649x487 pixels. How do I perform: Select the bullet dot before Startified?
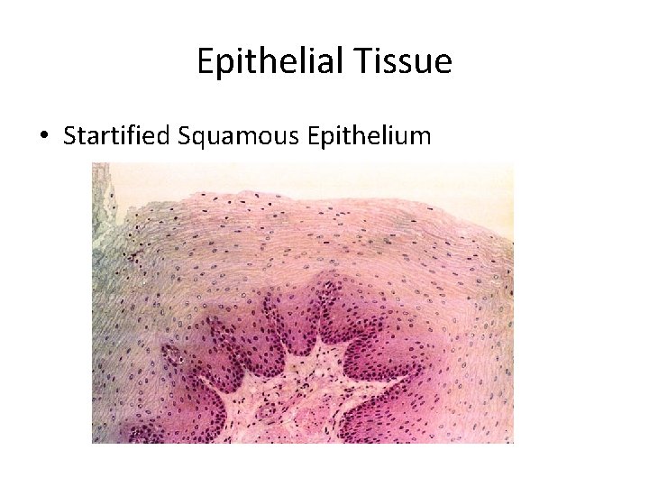coord(44,137)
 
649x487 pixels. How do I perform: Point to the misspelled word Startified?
coord(116,136)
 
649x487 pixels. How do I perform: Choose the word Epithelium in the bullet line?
coord(370,136)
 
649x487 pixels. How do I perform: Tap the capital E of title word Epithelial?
coord(205,62)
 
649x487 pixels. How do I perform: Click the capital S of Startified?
coord(69,136)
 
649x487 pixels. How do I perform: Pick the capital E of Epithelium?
coord(313,136)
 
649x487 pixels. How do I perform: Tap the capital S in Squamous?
coord(184,136)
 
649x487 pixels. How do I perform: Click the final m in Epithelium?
coord(422,138)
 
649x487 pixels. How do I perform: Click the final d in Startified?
coord(163,136)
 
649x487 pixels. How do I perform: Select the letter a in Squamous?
coord(222,138)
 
